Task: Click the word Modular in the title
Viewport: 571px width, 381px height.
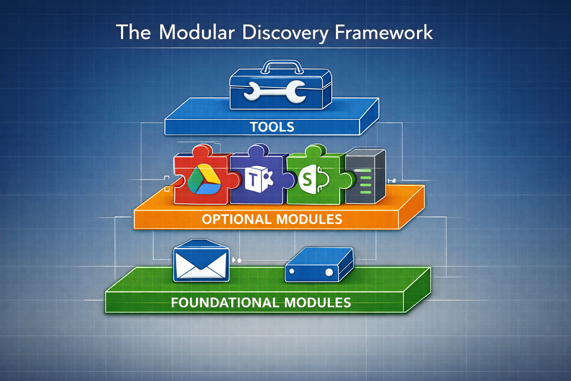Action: (197, 32)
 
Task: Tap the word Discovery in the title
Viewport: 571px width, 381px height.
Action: (285, 33)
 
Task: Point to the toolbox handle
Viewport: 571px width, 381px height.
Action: (281, 67)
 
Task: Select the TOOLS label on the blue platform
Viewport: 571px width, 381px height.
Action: (272, 127)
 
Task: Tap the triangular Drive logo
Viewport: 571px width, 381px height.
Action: (204, 179)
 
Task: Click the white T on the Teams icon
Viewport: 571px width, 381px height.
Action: (252, 180)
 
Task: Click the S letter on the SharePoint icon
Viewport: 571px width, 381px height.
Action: (307, 180)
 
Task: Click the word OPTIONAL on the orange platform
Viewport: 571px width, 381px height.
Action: (237, 219)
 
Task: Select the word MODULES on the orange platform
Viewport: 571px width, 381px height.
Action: (309, 219)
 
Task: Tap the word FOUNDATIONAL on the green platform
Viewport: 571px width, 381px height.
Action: (225, 302)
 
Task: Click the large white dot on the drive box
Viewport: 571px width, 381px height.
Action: (329, 272)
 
